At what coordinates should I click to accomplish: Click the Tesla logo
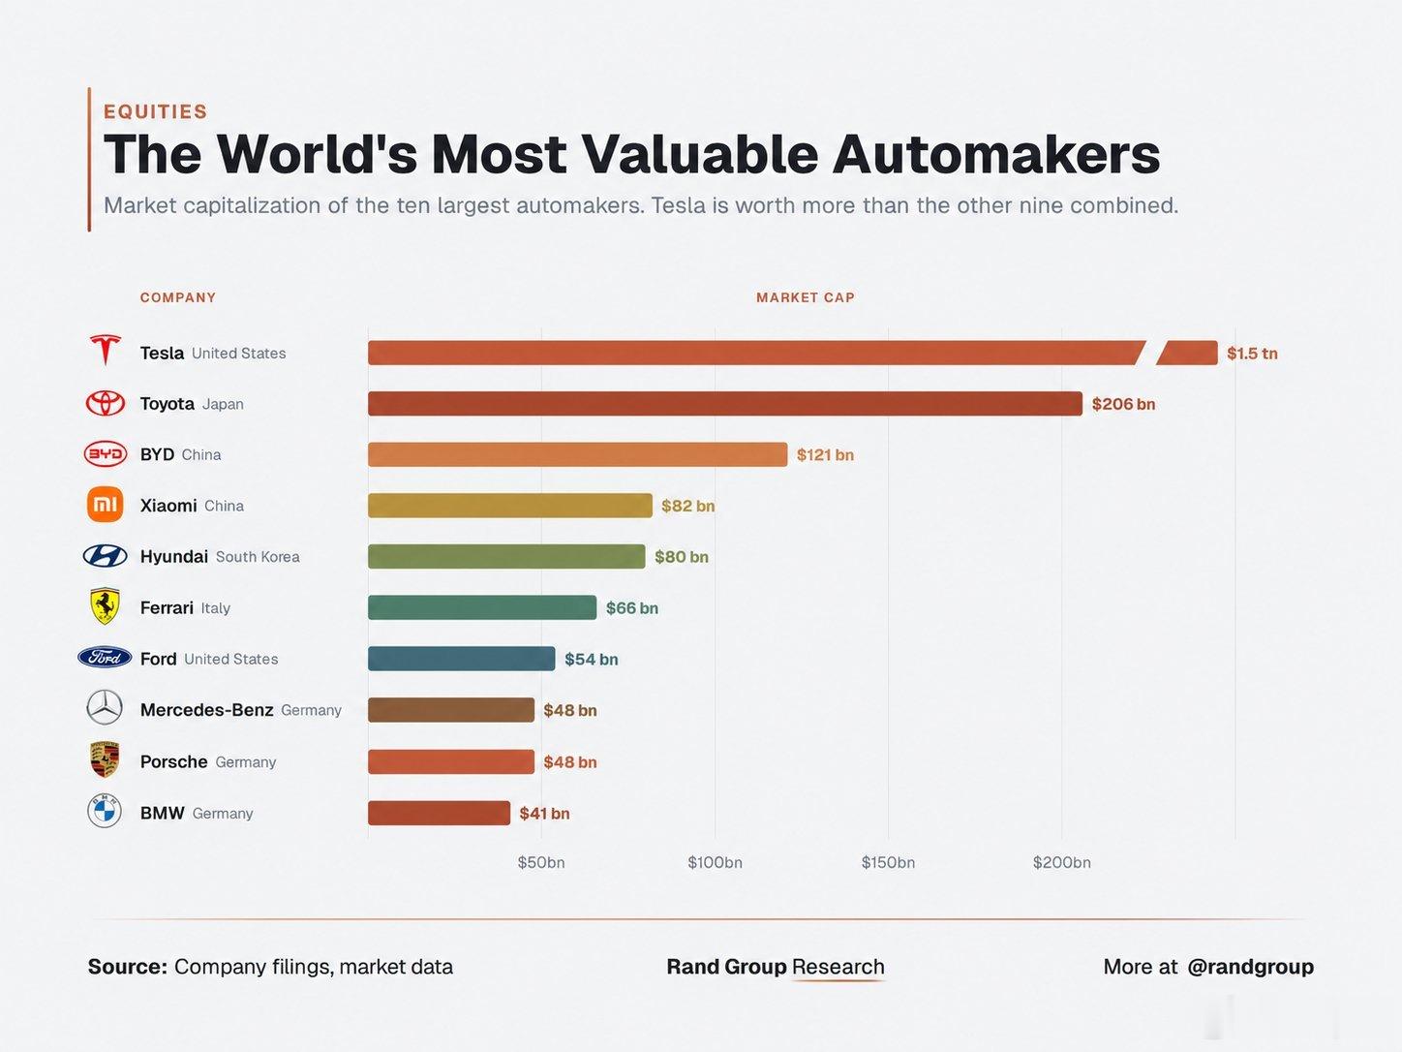pos(106,350)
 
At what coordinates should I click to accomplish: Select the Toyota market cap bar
pos(725,404)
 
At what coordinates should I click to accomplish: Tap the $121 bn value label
pos(825,454)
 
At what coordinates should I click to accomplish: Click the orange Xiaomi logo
pos(106,505)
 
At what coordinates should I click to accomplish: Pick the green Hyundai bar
pos(506,556)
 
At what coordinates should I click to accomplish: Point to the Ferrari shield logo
pos(105,605)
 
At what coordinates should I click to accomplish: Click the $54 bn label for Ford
pos(592,659)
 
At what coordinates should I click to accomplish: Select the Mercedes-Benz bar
pos(451,710)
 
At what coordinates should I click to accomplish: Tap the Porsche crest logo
pos(105,759)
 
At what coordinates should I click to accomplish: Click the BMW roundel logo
pos(105,811)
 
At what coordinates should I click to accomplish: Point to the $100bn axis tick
pos(715,863)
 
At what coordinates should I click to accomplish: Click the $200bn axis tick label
pos(1061,863)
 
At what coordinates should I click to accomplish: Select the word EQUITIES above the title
pos(156,111)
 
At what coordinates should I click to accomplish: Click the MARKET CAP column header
pos(806,297)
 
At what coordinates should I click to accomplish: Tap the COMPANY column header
pos(178,297)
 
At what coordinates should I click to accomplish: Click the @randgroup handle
pos(1251,967)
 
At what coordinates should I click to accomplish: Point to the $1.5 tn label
pos(1252,354)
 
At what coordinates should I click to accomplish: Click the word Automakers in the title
pos(995,154)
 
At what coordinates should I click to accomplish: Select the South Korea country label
pos(258,557)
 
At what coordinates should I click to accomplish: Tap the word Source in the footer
pos(128,967)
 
